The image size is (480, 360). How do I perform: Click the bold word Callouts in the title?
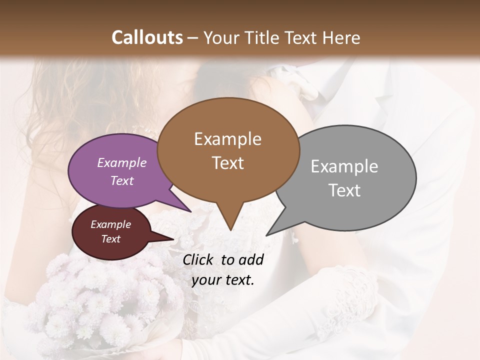point(147,37)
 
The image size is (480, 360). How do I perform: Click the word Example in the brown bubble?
point(227,139)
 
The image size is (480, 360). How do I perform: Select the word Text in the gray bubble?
point(344,190)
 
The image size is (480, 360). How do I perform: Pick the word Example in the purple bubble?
point(122,162)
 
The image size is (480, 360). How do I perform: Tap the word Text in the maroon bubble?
point(111,239)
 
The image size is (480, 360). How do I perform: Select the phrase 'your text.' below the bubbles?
point(223,280)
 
